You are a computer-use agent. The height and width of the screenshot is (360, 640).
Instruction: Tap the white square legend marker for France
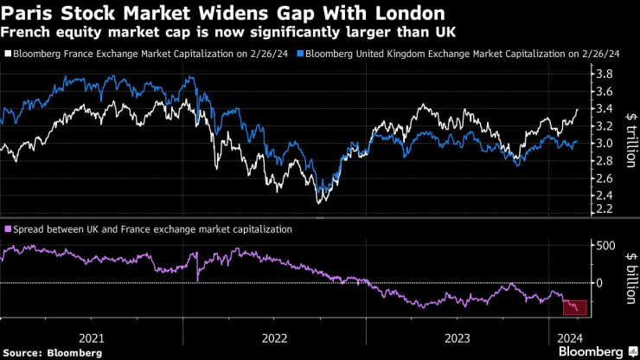pyautogui.click(x=7, y=54)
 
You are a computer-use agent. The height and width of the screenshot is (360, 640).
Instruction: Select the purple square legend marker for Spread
pyautogui.click(x=7, y=229)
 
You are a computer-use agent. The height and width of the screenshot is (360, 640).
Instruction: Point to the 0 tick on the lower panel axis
pyautogui.click(x=596, y=283)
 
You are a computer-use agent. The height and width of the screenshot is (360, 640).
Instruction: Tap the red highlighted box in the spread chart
pyautogui.click(x=574, y=308)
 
